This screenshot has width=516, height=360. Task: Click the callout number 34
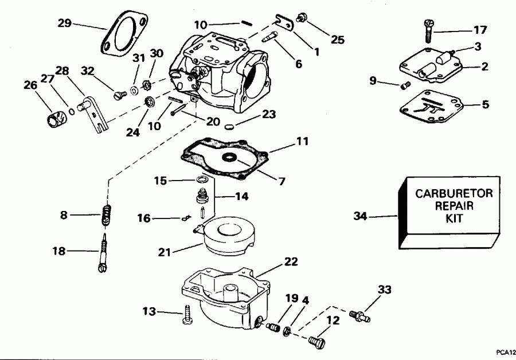point(359,216)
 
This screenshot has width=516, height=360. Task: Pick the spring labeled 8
point(106,216)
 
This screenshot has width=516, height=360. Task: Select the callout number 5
point(484,104)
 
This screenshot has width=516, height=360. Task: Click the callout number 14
point(241,196)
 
